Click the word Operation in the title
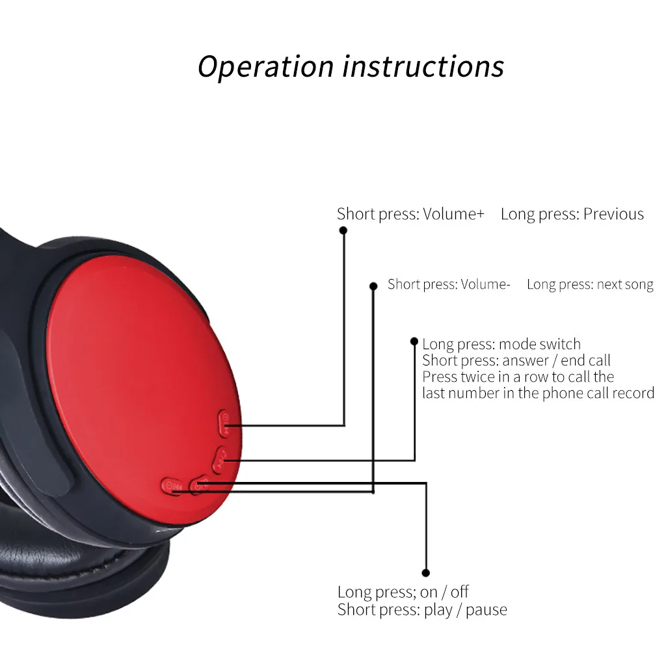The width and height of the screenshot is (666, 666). coord(266,67)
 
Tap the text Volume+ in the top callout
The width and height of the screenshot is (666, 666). coord(453,213)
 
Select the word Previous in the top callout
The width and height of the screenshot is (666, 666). coord(613,213)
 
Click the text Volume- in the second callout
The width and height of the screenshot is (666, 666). coord(485,284)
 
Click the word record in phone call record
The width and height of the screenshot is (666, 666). coord(633,393)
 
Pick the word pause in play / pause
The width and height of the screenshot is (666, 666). coord(486,610)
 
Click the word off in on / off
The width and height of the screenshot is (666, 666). coord(460,591)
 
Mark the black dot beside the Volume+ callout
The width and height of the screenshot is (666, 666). coord(343,230)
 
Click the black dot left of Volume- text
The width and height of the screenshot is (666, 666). coord(373,286)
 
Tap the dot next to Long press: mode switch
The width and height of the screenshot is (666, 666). coord(414,341)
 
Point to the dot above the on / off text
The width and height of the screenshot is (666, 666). coord(426,573)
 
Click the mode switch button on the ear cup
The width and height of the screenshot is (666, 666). coord(220,460)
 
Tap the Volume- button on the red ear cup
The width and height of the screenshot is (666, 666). coord(172,486)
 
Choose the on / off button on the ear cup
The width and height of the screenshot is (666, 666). coord(200,485)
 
